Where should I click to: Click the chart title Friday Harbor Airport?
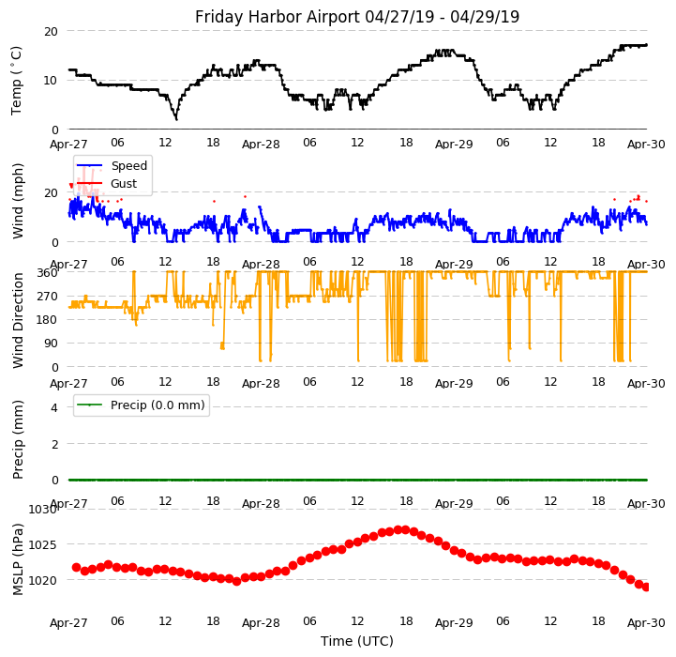click(x=357, y=17)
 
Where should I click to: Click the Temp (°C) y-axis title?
click(x=17, y=80)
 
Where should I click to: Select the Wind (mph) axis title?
click(x=18, y=200)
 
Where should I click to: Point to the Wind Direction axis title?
click(x=18, y=320)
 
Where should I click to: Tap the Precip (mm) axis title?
click(x=18, y=439)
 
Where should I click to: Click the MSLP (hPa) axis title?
click(x=18, y=554)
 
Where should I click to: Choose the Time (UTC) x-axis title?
click(x=357, y=641)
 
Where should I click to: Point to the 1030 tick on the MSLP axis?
click(x=43, y=509)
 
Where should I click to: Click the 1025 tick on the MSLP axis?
click(x=43, y=544)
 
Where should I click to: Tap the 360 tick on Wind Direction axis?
click(x=47, y=272)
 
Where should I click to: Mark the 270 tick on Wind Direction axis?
click(x=47, y=296)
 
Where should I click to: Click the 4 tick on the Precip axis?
click(x=54, y=407)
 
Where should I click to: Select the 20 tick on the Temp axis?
click(x=51, y=31)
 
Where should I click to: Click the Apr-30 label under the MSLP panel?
click(x=647, y=622)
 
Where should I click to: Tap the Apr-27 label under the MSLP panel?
click(x=68, y=622)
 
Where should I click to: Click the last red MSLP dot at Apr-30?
click(x=646, y=587)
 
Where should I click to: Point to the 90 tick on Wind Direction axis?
click(x=51, y=344)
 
